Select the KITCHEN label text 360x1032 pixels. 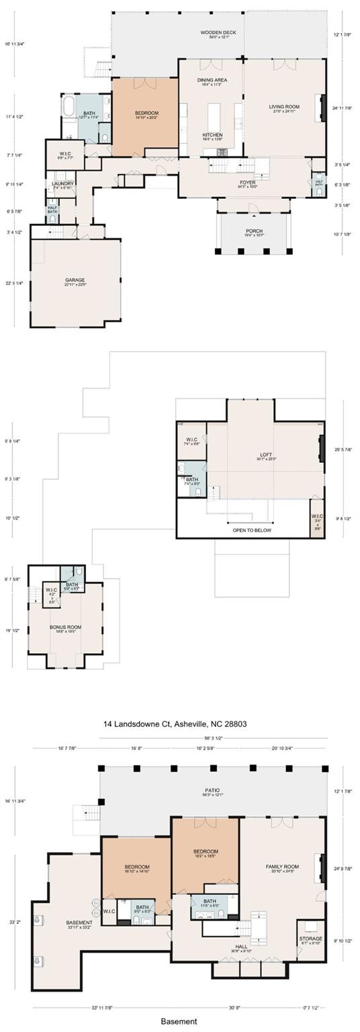(212, 135)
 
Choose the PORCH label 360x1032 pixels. (254, 230)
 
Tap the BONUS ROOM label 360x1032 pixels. (65, 628)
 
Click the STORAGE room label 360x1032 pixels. (310, 939)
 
